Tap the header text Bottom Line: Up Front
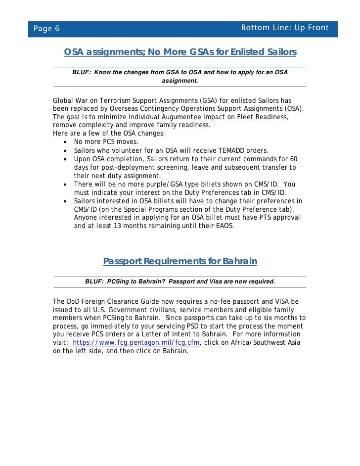click(x=284, y=28)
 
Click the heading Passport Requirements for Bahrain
click(x=180, y=261)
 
